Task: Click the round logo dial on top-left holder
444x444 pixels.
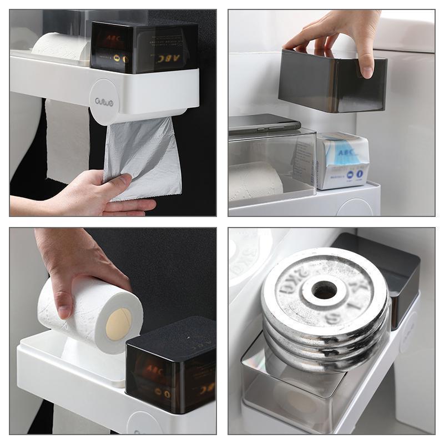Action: tap(104, 101)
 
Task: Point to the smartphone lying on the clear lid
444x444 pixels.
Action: tap(264, 123)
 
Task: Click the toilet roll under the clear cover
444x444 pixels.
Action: tap(255, 181)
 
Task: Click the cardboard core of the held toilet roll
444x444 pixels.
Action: tap(118, 324)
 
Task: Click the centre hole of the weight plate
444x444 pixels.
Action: tap(324, 289)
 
